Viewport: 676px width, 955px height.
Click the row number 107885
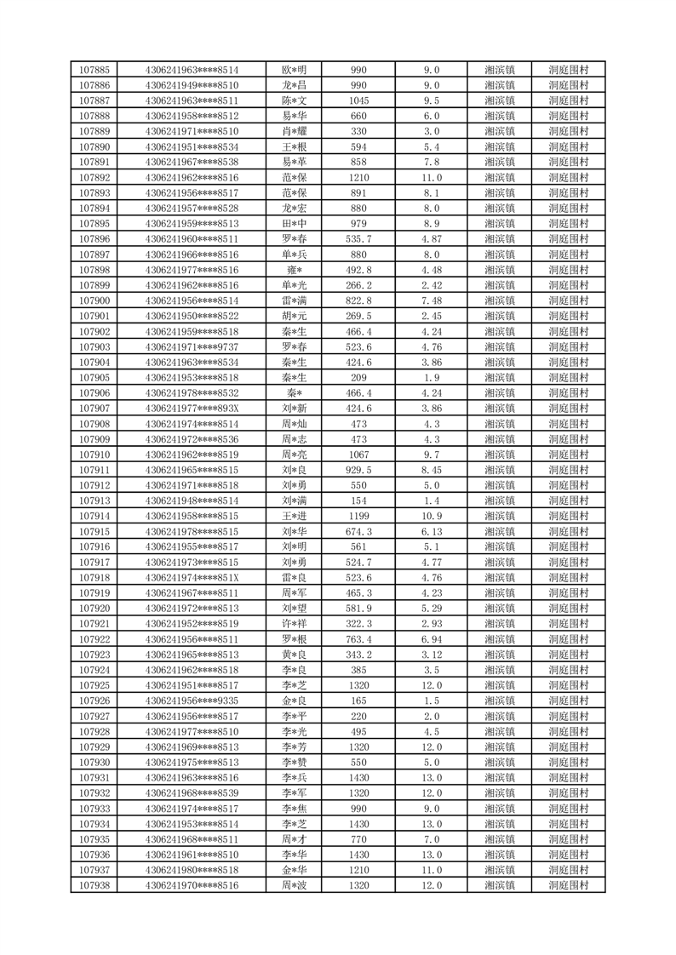(x=94, y=70)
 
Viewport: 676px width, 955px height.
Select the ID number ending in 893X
(x=192, y=409)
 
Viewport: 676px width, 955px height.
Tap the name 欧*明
(x=294, y=70)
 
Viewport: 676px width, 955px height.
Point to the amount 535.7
(x=358, y=239)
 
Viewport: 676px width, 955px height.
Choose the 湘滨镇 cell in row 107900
(x=499, y=300)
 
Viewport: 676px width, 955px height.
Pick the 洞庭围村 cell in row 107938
(x=569, y=886)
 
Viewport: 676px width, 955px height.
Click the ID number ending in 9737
(x=192, y=347)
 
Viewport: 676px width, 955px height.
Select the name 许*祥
(x=294, y=624)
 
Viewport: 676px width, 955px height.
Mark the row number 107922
(x=94, y=639)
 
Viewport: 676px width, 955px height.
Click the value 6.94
(x=432, y=639)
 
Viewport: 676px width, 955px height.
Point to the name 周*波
(x=294, y=886)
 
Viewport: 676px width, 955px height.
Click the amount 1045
(x=358, y=100)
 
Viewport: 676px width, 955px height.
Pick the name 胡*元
(x=294, y=316)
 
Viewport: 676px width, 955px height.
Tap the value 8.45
(x=432, y=470)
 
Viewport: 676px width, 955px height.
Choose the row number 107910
(x=94, y=455)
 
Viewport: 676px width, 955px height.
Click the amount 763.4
(x=358, y=639)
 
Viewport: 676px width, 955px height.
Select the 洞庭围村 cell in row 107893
(x=569, y=193)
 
